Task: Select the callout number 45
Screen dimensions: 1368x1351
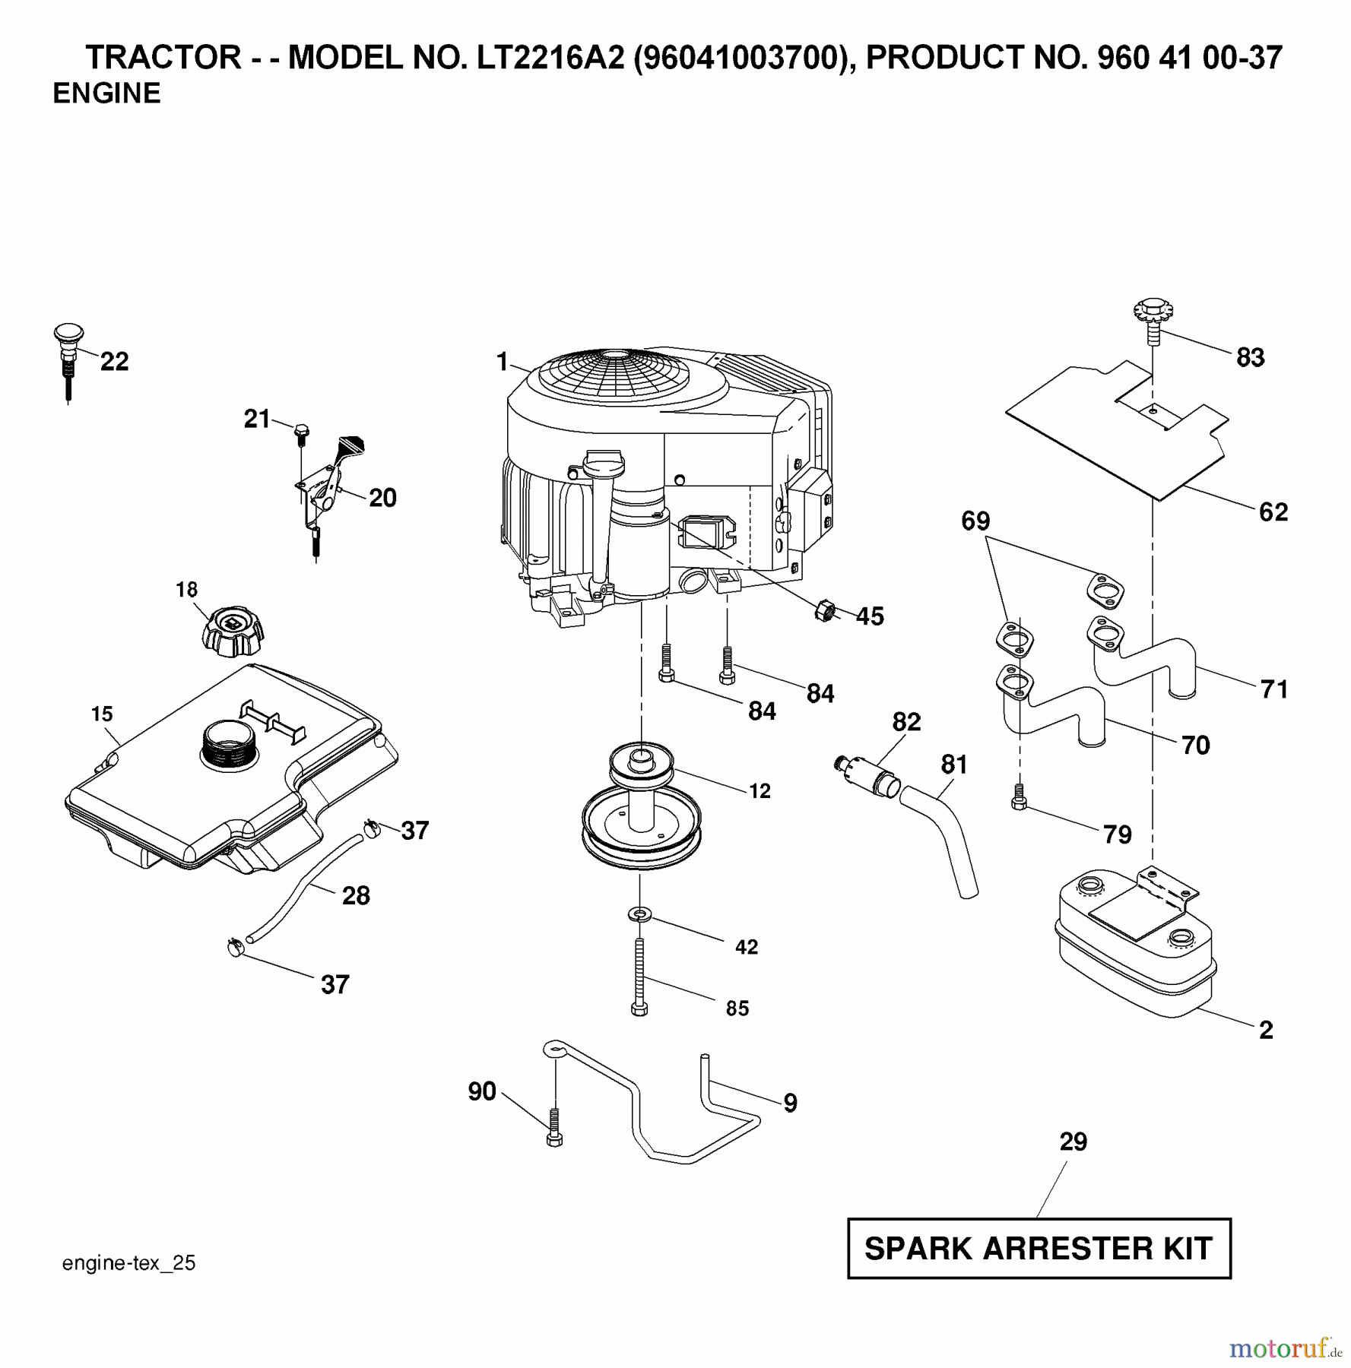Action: (x=870, y=616)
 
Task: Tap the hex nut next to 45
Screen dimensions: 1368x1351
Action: (x=825, y=610)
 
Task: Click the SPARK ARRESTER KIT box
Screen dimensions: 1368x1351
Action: (x=1039, y=1249)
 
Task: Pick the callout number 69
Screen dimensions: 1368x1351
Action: (x=975, y=521)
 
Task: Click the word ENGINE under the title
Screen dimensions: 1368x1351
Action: (x=106, y=93)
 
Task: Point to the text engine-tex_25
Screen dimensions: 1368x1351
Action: (x=128, y=1263)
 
